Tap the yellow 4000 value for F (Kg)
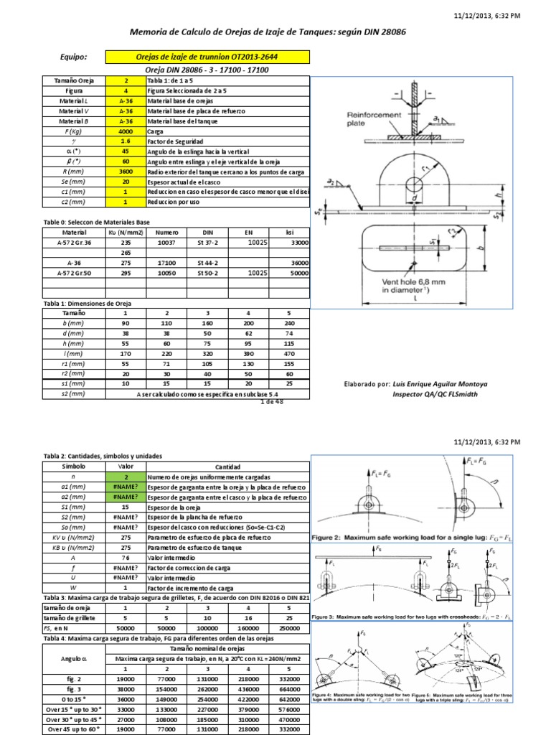(126, 132)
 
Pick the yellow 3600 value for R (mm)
(126, 172)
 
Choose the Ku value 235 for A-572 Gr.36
(126, 243)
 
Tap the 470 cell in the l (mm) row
(288, 354)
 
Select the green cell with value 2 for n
(126, 477)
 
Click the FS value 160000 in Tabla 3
(248, 627)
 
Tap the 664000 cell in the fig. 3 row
(288, 688)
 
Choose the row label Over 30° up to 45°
(74, 718)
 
